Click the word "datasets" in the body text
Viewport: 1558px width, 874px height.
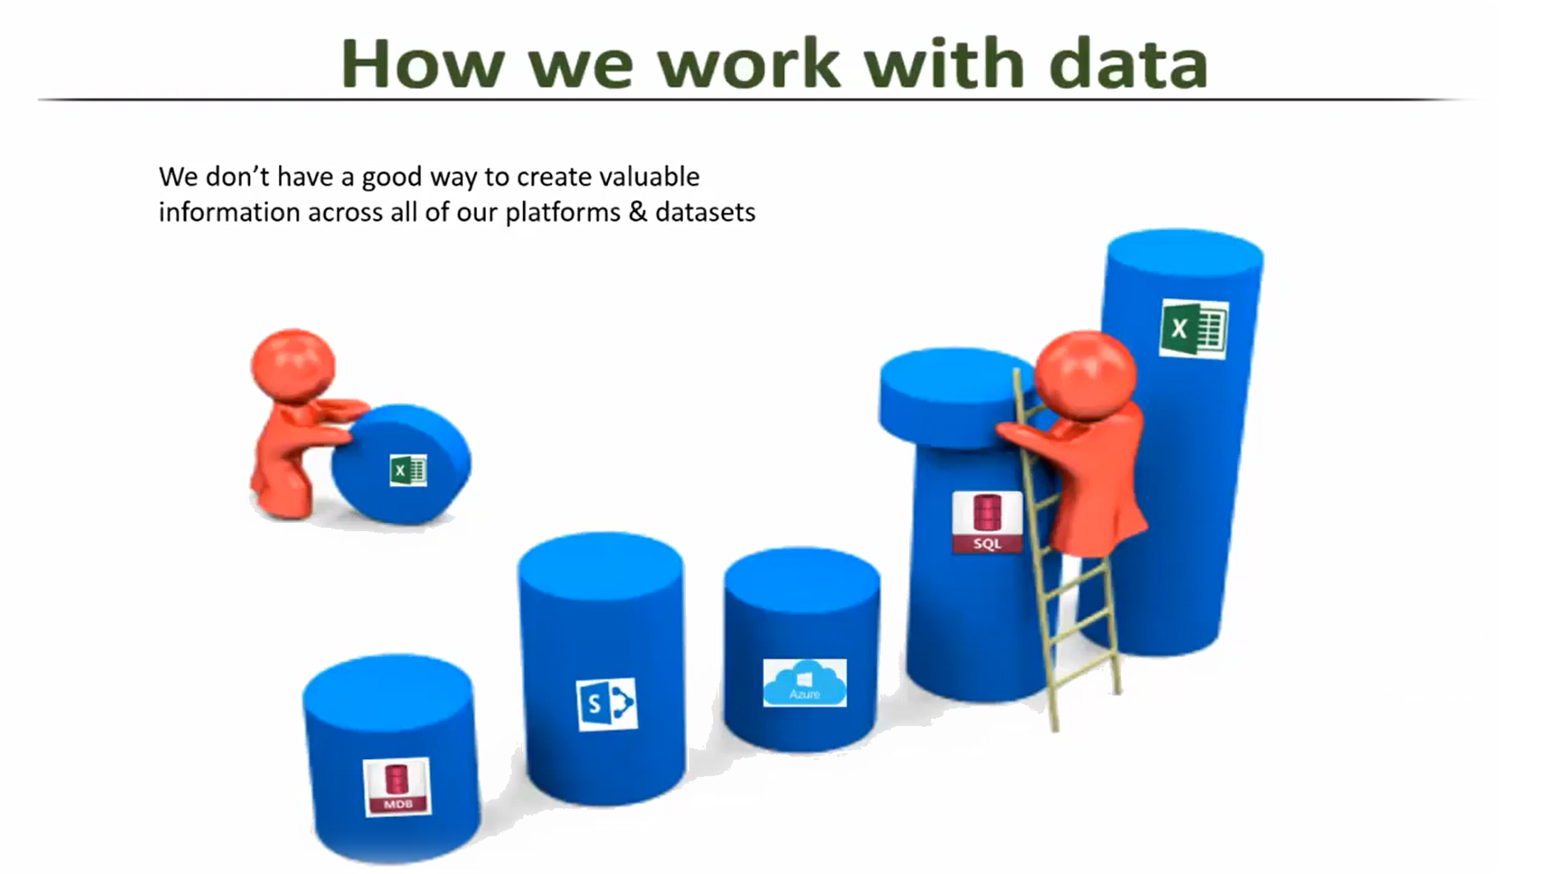(705, 212)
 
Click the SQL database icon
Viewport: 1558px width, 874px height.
(987, 522)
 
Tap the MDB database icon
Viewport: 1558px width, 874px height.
(397, 787)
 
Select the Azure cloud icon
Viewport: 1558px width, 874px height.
(805, 682)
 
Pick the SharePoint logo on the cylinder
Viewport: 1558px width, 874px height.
(606, 704)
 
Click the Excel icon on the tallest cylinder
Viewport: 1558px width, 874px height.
(1194, 329)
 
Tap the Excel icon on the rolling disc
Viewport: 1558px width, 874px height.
(408, 470)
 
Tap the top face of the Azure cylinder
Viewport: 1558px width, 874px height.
(802, 580)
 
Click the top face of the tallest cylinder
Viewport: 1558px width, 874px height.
(1185, 253)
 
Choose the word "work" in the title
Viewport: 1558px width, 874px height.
(749, 62)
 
